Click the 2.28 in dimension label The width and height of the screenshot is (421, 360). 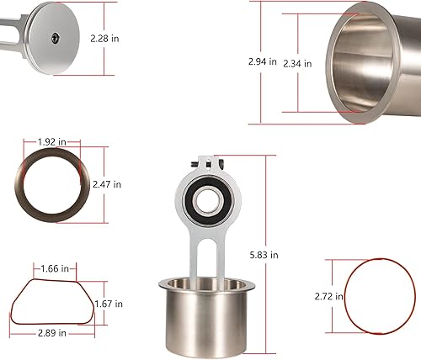[104, 39]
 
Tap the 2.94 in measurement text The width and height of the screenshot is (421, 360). [263, 61]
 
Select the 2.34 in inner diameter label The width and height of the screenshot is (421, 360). [297, 64]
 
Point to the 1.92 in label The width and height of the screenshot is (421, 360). [52, 142]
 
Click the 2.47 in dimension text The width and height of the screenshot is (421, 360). [107, 184]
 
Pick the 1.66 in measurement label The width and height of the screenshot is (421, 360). [55, 268]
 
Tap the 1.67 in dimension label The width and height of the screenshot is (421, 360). [109, 304]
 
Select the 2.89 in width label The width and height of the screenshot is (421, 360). [52, 333]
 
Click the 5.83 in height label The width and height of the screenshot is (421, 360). [264, 255]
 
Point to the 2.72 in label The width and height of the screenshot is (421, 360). [328, 296]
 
